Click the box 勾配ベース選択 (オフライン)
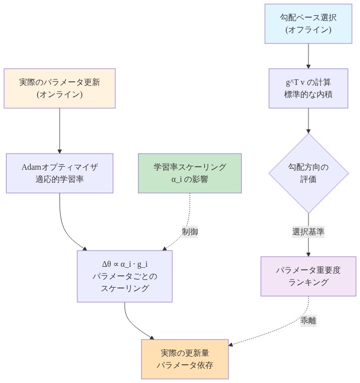[x=308, y=24]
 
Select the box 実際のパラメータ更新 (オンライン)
[x=60, y=88]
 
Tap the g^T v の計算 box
[x=308, y=88]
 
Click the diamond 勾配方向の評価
[x=308, y=173]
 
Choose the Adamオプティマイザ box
[x=60, y=173]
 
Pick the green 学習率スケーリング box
[x=190, y=173]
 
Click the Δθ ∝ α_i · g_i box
[x=124, y=276]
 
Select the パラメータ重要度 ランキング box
[x=308, y=276]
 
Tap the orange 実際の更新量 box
[x=185, y=358]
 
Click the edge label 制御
[x=190, y=232]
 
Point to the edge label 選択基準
[x=308, y=232]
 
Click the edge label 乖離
[x=308, y=320]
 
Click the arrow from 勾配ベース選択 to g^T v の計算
[x=308, y=56]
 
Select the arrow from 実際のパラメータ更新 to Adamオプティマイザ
[x=60, y=130]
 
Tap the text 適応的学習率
[x=60, y=179]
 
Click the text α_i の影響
[x=190, y=179]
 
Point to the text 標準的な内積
[x=308, y=94]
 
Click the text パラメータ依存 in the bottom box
[x=185, y=364]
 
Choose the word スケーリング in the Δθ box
[x=124, y=289]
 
